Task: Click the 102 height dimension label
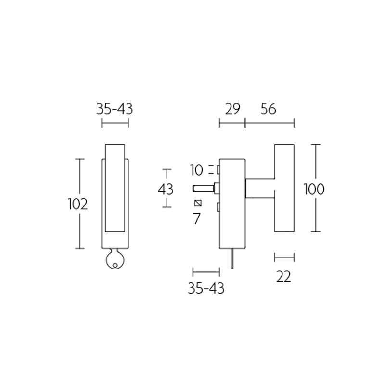click(x=78, y=205)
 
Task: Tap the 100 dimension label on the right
click(x=314, y=189)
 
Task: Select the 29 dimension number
click(x=232, y=109)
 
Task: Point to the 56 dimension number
click(x=268, y=109)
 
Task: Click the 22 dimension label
click(x=284, y=277)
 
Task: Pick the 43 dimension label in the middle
click(x=166, y=189)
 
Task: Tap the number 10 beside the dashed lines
click(x=197, y=170)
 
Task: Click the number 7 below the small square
click(x=196, y=219)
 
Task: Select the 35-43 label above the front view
click(x=115, y=109)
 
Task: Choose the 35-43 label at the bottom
click(x=206, y=288)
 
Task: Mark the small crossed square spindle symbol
click(x=197, y=203)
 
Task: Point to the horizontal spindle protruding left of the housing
click(x=203, y=187)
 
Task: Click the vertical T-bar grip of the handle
click(x=284, y=188)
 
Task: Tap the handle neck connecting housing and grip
click(x=260, y=187)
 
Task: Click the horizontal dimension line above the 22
click(x=284, y=257)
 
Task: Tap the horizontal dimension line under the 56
click(x=269, y=124)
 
